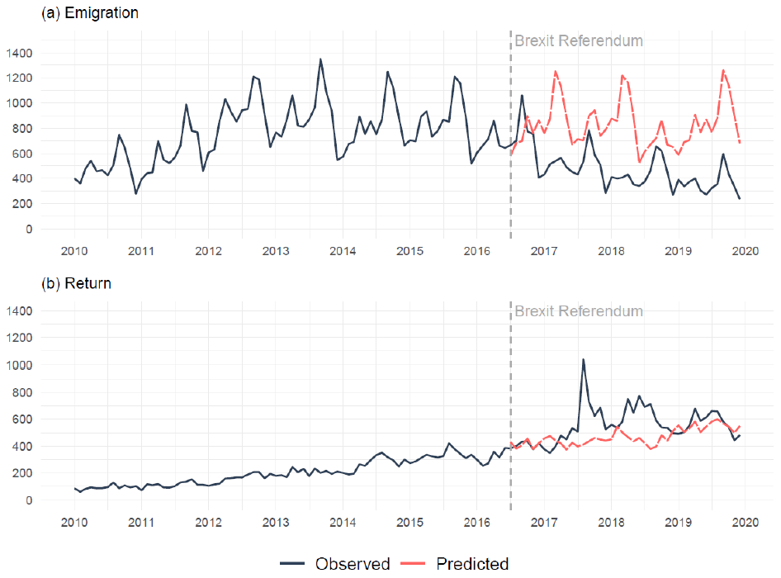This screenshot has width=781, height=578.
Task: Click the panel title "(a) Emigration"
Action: (x=90, y=14)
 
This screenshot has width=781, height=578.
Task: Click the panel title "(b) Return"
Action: (x=77, y=284)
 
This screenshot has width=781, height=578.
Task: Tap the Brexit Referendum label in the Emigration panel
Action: (x=578, y=40)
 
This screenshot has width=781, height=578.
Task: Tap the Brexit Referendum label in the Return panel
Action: (x=578, y=311)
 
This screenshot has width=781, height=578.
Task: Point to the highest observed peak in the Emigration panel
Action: (x=320, y=59)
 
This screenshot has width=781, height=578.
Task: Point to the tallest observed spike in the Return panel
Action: (x=583, y=359)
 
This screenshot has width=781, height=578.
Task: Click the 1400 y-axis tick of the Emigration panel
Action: (x=17, y=53)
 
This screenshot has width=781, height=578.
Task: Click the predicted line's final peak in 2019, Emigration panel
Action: (x=723, y=70)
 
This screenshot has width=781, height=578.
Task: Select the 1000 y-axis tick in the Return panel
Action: (x=17, y=364)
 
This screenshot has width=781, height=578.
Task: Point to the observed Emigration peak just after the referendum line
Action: (x=522, y=95)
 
